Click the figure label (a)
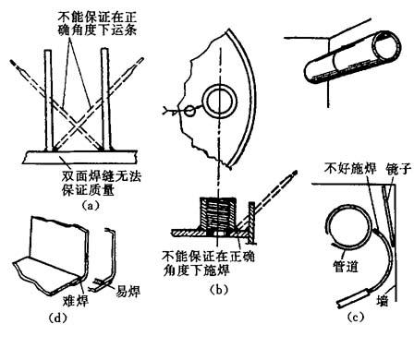(91, 205)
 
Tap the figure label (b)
(219, 290)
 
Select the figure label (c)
(356, 317)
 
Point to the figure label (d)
(58, 318)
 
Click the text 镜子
(398, 169)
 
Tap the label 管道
(346, 266)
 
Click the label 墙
(383, 300)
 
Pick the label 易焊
(128, 291)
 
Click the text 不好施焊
(350, 169)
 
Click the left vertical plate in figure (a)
(49, 101)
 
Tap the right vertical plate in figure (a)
(105, 100)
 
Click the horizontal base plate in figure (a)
(79, 157)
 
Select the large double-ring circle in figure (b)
(219, 89)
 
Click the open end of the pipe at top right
(386, 47)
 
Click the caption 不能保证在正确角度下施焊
(208, 263)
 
